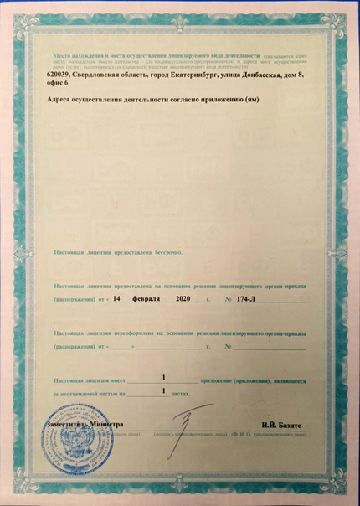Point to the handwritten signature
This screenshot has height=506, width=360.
pos(186,419)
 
